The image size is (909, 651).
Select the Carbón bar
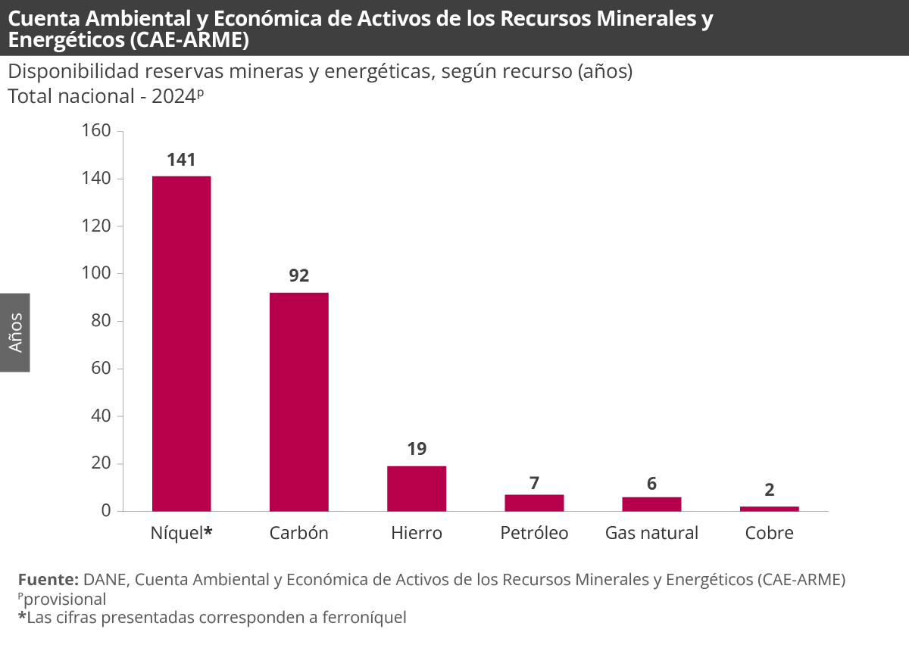pos(299,401)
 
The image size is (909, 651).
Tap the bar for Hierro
pos(417,488)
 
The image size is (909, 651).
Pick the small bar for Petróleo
pos(534,503)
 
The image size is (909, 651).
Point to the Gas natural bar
pos(651,504)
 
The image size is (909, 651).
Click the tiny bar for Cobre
pos(769,509)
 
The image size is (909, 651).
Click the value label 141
pos(182,160)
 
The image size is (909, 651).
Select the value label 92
pos(299,276)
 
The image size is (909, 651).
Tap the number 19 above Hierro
pos(417,449)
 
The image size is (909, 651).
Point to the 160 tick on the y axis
pos(96,131)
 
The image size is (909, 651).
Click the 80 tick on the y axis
pos(102,321)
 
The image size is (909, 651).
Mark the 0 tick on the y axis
pos(106,511)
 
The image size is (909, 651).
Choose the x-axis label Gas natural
pos(651,533)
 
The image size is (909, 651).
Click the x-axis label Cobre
pos(769,533)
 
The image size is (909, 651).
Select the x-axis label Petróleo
pos(534,533)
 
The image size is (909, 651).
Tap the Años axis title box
pos(15,332)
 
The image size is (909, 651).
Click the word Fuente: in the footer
pos(48,580)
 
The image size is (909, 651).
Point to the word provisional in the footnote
pos(64,599)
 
